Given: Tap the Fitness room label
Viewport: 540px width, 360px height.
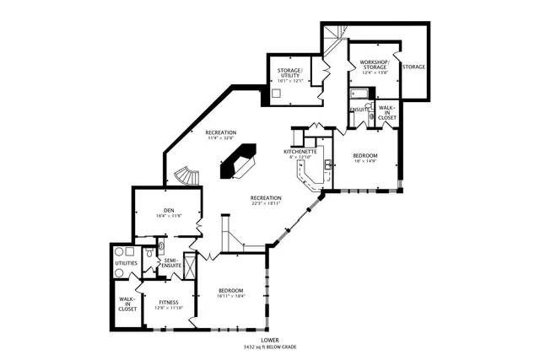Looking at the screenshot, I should click(165, 301).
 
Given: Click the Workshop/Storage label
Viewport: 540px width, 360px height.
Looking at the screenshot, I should click(373, 65).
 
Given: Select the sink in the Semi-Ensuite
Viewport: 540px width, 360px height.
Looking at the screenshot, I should click(149, 266).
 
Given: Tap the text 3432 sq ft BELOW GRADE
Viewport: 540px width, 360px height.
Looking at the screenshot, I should click(269, 347).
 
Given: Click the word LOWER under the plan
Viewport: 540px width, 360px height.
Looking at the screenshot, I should click(269, 340).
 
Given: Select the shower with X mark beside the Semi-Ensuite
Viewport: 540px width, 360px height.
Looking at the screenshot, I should click(190, 266).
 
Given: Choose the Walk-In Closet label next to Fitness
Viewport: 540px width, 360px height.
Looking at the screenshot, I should click(127, 304).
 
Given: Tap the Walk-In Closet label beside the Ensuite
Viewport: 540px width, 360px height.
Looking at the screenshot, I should click(386, 112).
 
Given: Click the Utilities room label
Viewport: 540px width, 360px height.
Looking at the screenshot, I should click(127, 262).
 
